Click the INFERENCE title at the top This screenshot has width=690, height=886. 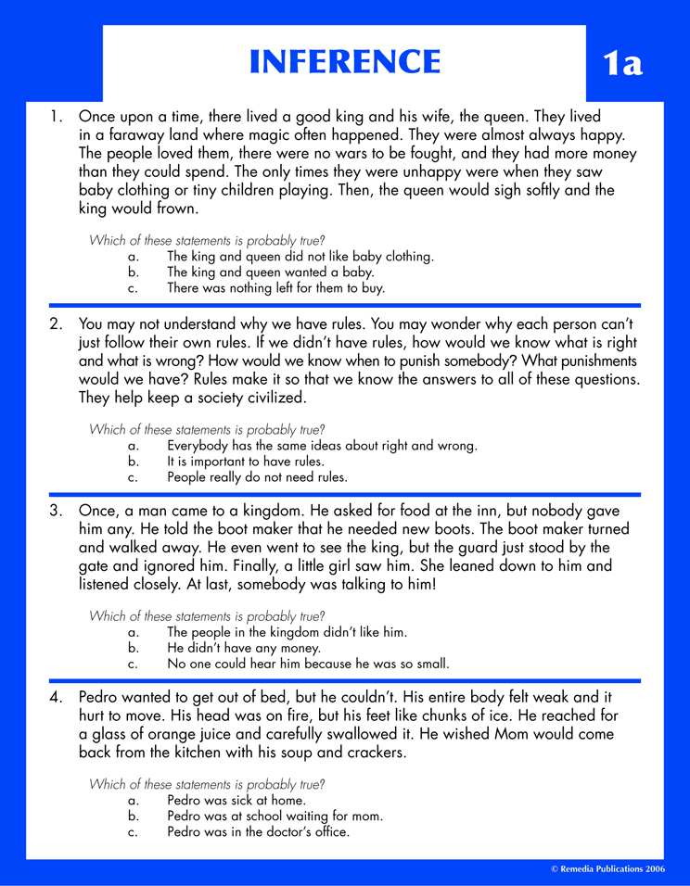345,61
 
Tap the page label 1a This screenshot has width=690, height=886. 622,64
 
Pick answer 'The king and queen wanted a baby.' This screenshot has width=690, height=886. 270,272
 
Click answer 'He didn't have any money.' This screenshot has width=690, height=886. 244,648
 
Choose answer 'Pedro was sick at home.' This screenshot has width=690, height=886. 236,799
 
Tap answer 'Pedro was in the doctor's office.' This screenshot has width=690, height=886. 258,832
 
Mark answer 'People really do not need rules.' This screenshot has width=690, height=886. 257,478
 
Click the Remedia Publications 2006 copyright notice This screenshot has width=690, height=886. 607,869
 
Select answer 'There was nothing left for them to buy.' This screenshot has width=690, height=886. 275,289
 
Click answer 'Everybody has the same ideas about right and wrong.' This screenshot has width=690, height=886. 322,445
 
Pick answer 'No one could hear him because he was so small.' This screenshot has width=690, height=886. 308,664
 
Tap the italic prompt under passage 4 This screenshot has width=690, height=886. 207,784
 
